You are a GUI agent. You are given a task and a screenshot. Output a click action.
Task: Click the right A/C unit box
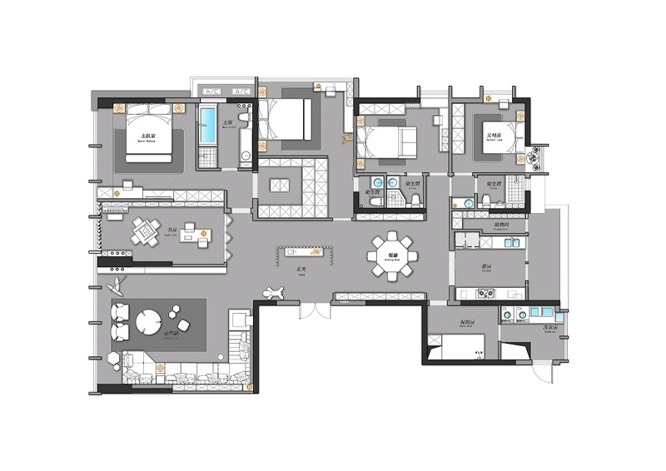[242, 90]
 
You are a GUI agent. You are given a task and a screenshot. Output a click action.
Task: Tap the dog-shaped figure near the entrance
[272, 292]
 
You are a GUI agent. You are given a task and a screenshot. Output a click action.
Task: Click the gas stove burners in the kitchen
[485, 293]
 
